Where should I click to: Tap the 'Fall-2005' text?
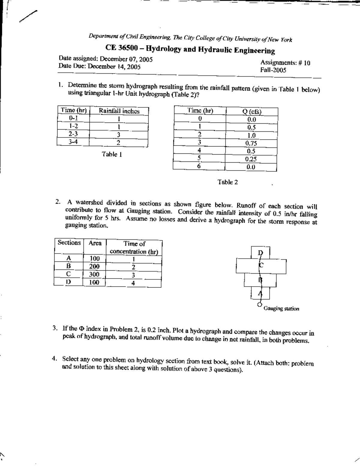point(273,70)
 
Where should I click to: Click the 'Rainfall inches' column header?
point(119,111)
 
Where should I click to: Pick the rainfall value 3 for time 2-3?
point(118,134)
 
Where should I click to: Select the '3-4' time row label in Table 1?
point(73,142)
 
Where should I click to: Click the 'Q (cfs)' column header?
point(252,112)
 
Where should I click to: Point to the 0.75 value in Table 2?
point(251,143)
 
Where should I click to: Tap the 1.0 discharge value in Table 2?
point(251,135)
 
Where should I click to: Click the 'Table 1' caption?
point(111,155)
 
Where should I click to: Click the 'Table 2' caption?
point(228,182)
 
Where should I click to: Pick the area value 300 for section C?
point(94,274)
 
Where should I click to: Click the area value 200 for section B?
point(94,266)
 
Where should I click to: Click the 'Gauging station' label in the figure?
point(281,309)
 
